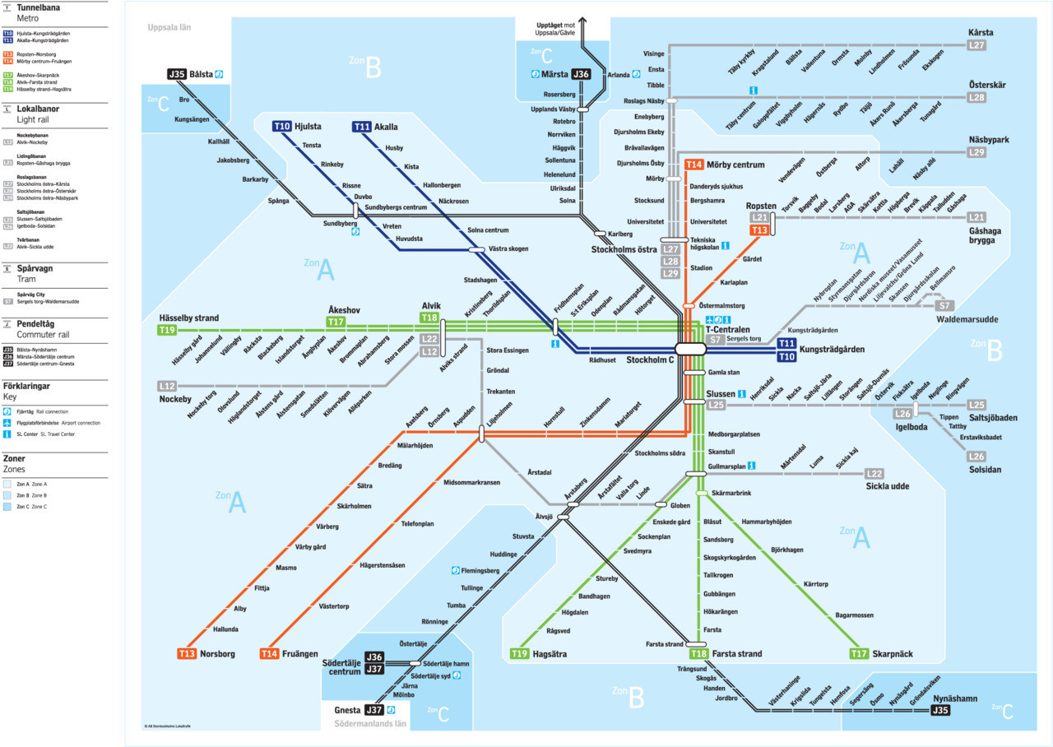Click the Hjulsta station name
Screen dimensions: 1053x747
point(308,127)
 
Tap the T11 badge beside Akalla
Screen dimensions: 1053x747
point(361,127)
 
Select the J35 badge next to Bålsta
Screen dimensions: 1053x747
point(177,74)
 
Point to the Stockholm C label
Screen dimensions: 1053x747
point(650,360)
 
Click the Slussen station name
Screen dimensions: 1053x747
point(721,394)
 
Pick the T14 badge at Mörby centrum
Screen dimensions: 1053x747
point(694,165)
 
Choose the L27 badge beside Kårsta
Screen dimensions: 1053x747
point(976,45)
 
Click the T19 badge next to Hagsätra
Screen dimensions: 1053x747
point(519,654)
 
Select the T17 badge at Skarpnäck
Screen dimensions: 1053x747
point(859,654)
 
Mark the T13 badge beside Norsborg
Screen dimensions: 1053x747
point(187,654)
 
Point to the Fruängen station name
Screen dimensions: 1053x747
point(300,654)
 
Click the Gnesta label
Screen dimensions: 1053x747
point(348,710)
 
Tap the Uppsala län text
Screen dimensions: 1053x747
point(169,27)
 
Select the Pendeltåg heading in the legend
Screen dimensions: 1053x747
point(39,324)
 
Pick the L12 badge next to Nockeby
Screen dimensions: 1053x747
point(167,386)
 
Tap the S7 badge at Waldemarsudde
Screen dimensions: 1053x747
point(944,306)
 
